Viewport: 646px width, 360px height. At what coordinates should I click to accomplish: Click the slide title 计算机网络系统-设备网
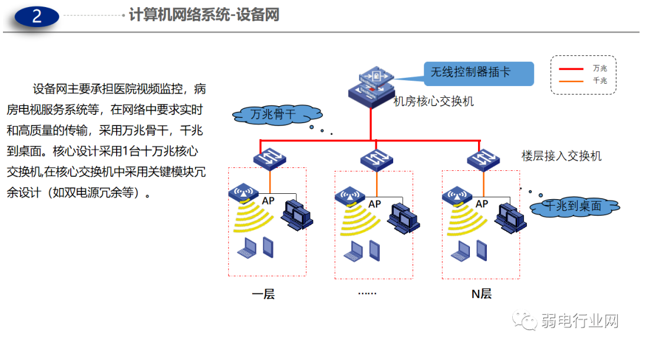coord(203,15)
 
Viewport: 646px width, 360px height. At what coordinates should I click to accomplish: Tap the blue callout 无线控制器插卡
coord(479,73)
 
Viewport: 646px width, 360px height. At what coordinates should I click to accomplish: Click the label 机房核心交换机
coord(433,102)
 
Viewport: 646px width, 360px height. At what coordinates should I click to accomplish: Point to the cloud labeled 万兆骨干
coord(272,114)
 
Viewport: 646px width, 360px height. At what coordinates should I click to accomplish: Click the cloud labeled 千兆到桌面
coord(574,206)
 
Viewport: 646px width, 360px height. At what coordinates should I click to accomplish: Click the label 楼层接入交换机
coord(561,156)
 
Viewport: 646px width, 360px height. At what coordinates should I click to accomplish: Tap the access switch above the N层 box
coord(483,157)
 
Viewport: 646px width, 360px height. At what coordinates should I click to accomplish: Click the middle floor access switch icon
coord(376,157)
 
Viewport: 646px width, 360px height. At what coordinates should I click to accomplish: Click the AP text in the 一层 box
coord(268,201)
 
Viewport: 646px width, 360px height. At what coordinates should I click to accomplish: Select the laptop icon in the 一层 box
coord(246,249)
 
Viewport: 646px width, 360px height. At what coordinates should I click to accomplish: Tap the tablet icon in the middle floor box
coord(374,250)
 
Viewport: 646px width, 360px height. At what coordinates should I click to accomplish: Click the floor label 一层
coord(263,294)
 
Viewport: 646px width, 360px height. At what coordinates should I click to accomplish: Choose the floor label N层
coord(481,294)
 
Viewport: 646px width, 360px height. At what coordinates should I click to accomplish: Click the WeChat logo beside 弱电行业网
coord(524,321)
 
